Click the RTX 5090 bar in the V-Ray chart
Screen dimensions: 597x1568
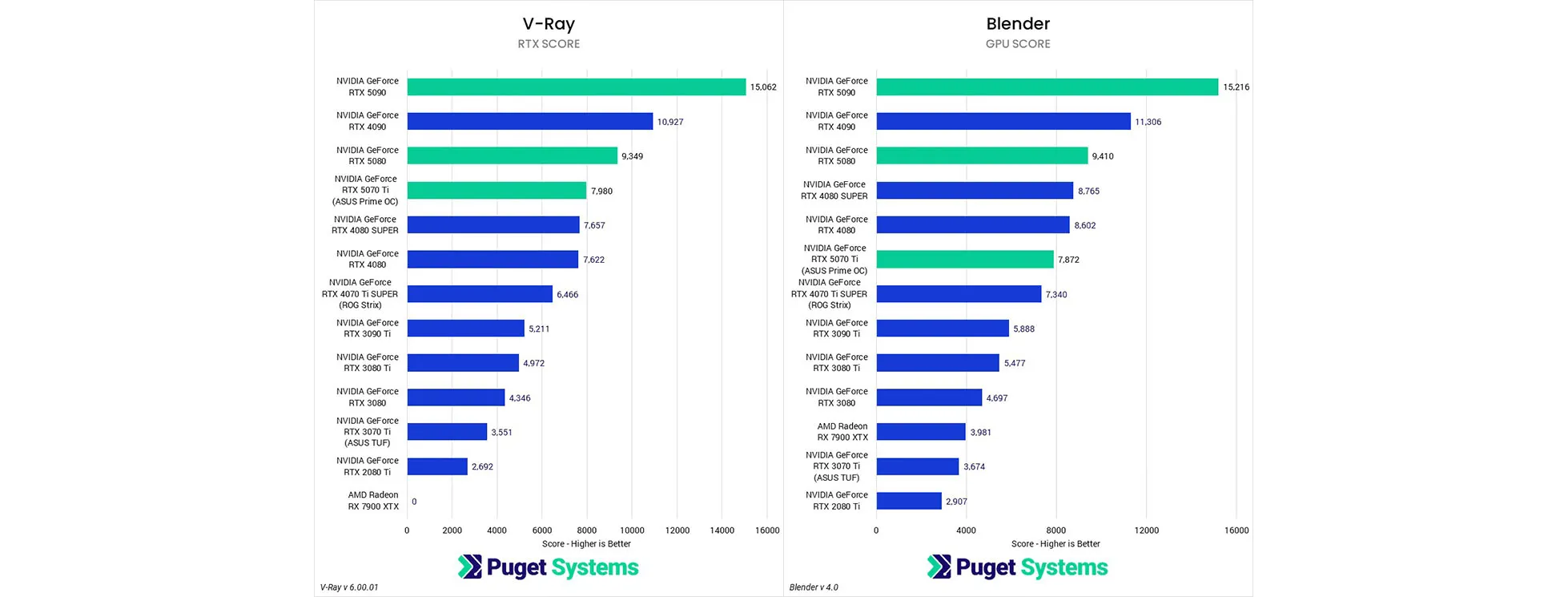pyautogui.click(x=577, y=87)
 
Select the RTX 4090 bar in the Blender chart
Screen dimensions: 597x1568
pyautogui.click(x=1003, y=121)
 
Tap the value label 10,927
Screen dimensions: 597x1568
pyautogui.click(x=670, y=122)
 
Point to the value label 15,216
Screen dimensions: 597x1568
pyautogui.click(x=1236, y=87)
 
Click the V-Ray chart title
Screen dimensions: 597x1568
pyautogui.click(x=549, y=24)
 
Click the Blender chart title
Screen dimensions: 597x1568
pyautogui.click(x=1018, y=24)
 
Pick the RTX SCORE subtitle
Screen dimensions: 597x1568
pyautogui.click(x=549, y=44)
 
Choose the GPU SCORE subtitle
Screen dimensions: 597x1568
pyautogui.click(x=1018, y=44)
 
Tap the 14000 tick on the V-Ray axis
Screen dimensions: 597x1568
pyautogui.click(x=722, y=530)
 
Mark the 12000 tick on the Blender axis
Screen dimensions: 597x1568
pyautogui.click(x=1146, y=530)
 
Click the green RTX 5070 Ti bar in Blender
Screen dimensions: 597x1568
pyautogui.click(x=965, y=259)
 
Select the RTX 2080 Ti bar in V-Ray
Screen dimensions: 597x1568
pyautogui.click(x=437, y=466)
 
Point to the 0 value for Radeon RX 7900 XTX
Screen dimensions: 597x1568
pyautogui.click(x=414, y=502)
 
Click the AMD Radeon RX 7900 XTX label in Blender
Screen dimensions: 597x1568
pyautogui.click(x=842, y=432)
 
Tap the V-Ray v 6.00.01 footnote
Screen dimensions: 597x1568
pyautogui.click(x=349, y=587)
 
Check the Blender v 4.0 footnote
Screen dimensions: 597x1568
pyautogui.click(x=814, y=587)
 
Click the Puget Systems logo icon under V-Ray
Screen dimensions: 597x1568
pyautogui.click(x=469, y=567)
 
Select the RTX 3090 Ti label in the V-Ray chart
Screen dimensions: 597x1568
pyautogui.click(x=367, y=329)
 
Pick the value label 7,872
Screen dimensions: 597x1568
pyautogui.click(x=1068, y=260)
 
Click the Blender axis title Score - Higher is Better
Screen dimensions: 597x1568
pyautogui.click(x=1055, y=544)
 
